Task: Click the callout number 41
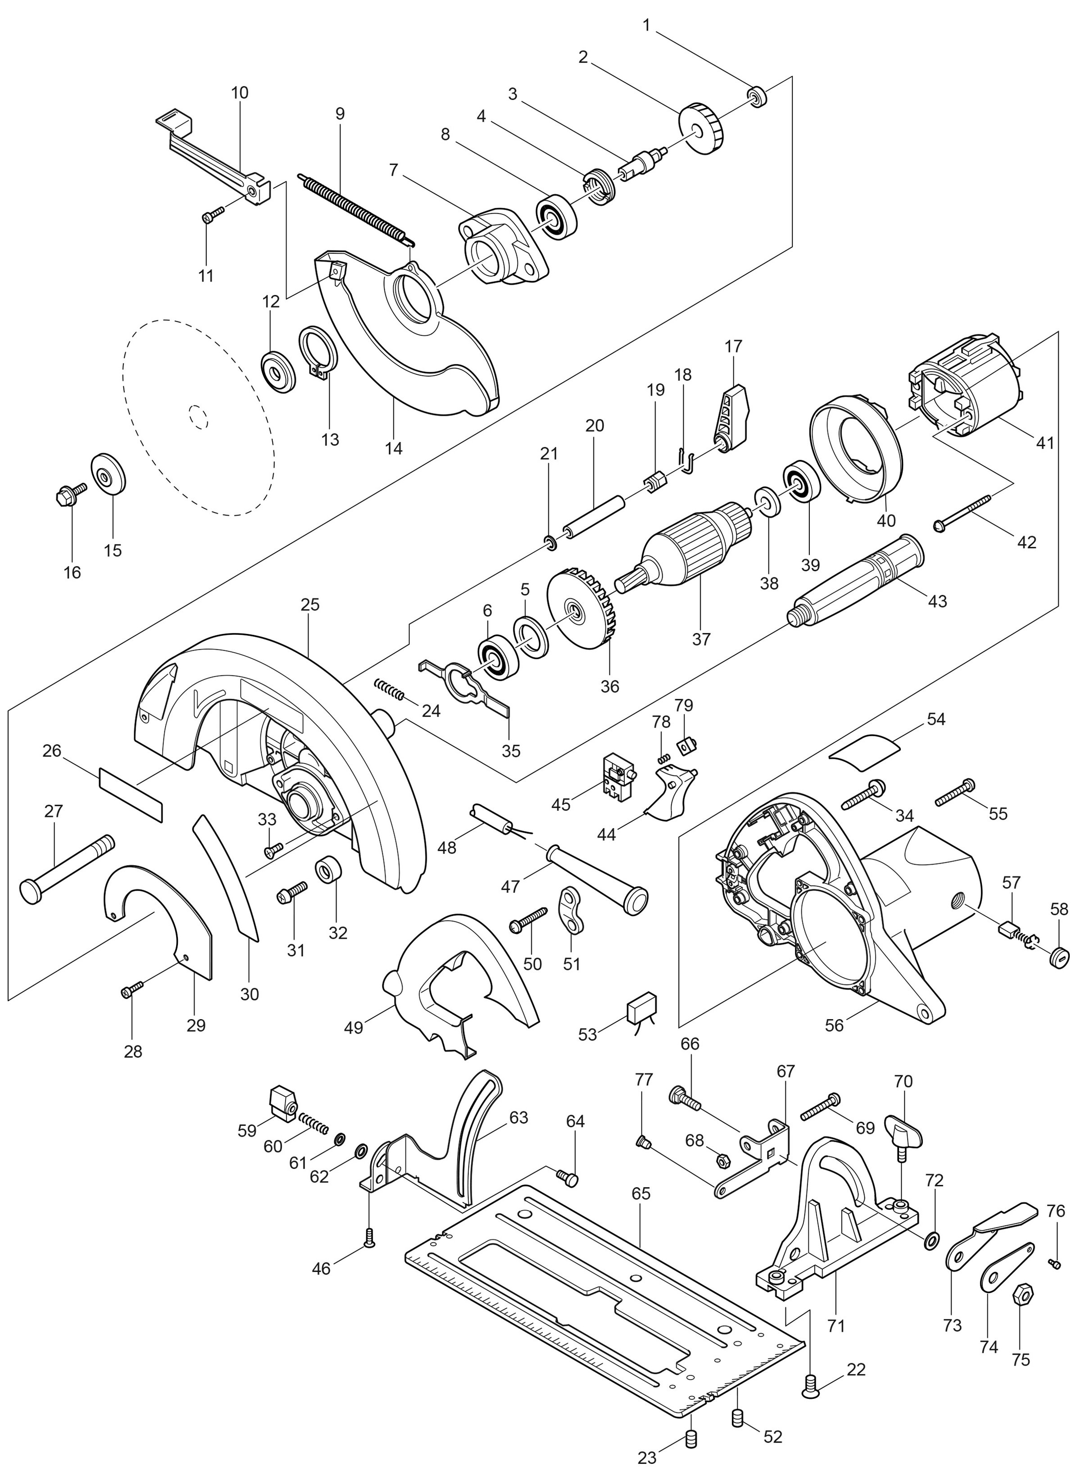(x=1045, y=443)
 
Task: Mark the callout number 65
(x=641, y=1193)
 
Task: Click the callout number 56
(x=834, y=1025)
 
